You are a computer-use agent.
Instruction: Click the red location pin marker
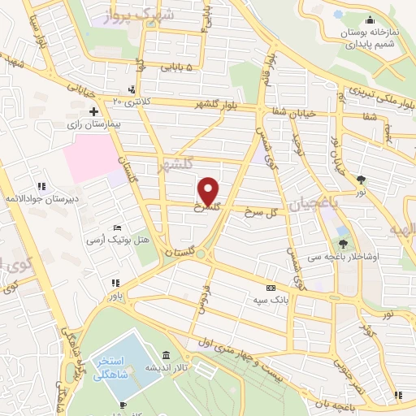pos(209,191)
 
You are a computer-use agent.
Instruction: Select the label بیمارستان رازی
pos(93,126)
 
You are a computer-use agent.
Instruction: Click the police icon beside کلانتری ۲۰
pos(132,90)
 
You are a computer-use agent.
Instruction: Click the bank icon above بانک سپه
pos(271,288)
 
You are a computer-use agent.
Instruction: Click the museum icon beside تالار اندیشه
pos(166,355)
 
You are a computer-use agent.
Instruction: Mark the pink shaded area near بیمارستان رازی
pos(89,158)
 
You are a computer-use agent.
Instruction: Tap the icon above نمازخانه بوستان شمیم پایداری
pos(370,21)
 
